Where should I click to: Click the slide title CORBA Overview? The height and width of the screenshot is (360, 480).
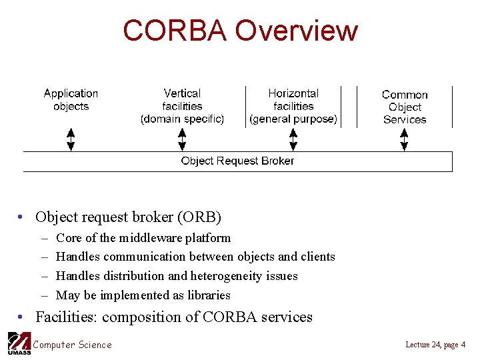point(240,31)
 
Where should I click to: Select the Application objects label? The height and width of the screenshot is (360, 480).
point(71,100)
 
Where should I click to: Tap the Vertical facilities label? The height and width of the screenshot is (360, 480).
point(182,100)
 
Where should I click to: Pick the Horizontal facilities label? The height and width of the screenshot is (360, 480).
point(293,100)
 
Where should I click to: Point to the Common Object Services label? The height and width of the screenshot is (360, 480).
point(405,107)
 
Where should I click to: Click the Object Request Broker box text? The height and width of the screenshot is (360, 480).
point(237,161)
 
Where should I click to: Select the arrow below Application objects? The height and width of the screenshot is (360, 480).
point(71,140)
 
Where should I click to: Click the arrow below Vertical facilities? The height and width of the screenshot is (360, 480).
point(182,140)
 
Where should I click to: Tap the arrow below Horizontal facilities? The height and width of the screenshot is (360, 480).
point(293,140)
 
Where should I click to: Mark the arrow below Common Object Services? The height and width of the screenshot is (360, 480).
point(404,140)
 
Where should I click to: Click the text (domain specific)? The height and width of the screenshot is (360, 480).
point(182,119)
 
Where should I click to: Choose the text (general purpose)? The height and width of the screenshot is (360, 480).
point(293,119)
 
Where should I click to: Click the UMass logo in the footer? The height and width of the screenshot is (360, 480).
point(18,343)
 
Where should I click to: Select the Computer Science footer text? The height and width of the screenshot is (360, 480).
point(73,345)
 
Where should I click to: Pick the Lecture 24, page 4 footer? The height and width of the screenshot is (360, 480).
point(435,345)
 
